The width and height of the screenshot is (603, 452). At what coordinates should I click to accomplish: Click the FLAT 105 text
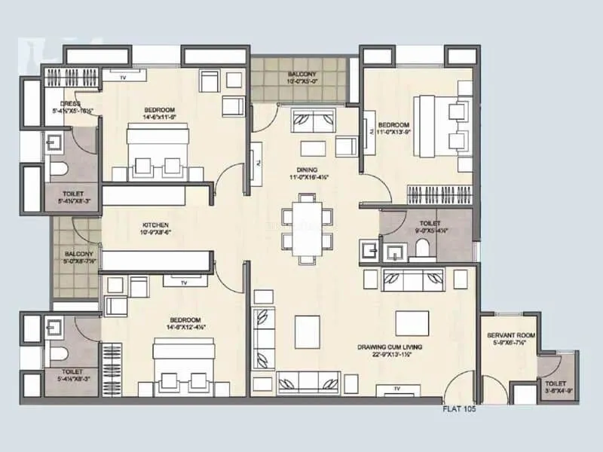pyautogui.click(x=458, y=411)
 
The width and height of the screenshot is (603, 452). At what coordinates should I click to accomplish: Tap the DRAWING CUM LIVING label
pyautogui.click(x=390, y=347)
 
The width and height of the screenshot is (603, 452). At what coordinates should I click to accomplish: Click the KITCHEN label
pyautogui.click(x=155, y=225)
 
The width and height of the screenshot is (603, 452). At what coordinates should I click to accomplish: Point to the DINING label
pyautogui.click(x=307, y=169)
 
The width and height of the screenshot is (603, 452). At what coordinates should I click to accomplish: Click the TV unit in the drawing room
pyautogui.click(x=395, y=389)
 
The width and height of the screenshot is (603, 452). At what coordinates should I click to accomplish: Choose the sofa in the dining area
pyautogui.click(x=314, y=119)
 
